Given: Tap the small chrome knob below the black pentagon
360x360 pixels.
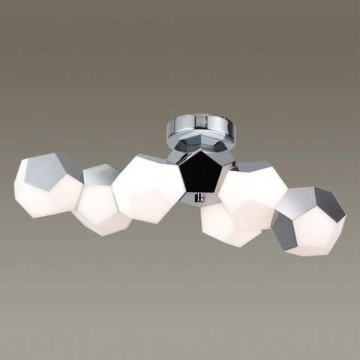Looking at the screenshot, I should (x=199, y=198).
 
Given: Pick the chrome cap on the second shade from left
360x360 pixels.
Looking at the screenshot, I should (x=98, y=177).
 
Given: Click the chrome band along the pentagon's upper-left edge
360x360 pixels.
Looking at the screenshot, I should (x=179, y=157).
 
